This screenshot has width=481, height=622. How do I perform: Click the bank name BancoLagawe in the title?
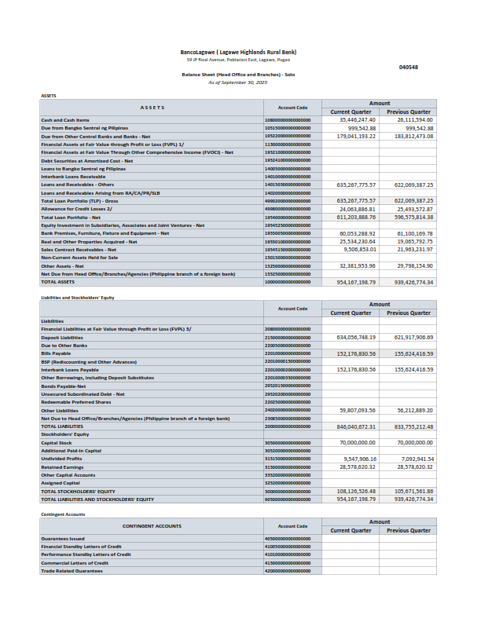coord(198,53)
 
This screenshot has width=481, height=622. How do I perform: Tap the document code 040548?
coord(409,68)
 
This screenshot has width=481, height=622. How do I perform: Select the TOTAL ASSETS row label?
coord(58,281)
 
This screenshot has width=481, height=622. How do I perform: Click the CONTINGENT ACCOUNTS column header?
coord(152,526)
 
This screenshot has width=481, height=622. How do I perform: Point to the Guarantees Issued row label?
coord(62,538)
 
